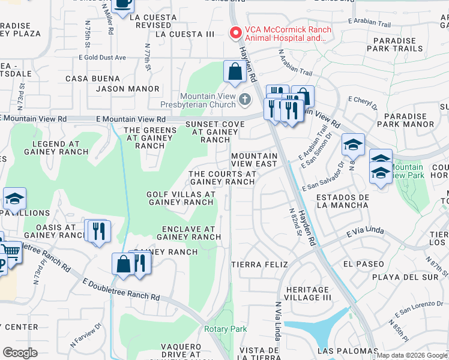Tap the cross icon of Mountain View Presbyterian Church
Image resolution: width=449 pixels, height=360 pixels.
click(x=244, y=98)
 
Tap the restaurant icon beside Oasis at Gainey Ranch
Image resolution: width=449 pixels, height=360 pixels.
click(x=99, y=230)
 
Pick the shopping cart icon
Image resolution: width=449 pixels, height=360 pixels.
click(x=10, y=252)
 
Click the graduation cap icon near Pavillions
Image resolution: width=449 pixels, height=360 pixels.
click(x=14, y=199)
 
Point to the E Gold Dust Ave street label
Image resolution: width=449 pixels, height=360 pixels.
click(x=102, y=58)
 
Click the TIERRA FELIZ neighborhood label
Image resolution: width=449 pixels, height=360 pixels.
click(x=259, y=264)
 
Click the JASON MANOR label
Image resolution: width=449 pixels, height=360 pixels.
click(x=129, y=89)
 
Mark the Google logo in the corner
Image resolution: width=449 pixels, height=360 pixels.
click(x=20, y=353)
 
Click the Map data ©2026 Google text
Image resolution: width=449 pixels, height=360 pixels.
click(x=412, y=355)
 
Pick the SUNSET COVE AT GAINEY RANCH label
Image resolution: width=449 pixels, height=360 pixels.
click(x=215, y=131)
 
